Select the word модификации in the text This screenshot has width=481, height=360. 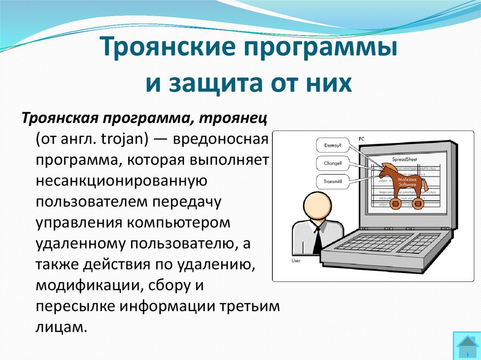[x=89, y=285]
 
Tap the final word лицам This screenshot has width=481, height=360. [x=61, y=327]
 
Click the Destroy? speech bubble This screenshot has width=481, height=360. [x=333, y=146]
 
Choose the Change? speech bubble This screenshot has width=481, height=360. [x=333, y=164]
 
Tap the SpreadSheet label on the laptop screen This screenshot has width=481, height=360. [x=404, y=160]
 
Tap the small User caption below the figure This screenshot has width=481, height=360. [x=295, y=260]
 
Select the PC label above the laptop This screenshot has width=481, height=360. [x=361, y=139]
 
